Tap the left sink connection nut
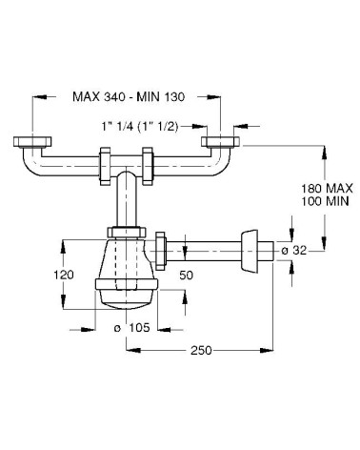(x=30, y=144)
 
